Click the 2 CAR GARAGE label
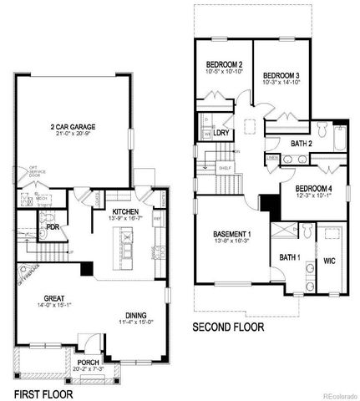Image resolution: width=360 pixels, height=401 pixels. pos(71,127)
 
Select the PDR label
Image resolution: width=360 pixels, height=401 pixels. pos(52,226)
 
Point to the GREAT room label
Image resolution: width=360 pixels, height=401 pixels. pos(32,297)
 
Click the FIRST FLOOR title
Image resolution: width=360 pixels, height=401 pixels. pos(42,392)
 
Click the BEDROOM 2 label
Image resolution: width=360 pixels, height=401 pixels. pos(225,64)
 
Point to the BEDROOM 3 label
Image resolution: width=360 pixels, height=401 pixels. pos(280,72)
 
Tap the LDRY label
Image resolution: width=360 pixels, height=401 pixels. pos(221,133)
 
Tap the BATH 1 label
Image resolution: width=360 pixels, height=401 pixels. pos(289,256)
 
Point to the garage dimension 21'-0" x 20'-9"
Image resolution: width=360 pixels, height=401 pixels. pos(71,135)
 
